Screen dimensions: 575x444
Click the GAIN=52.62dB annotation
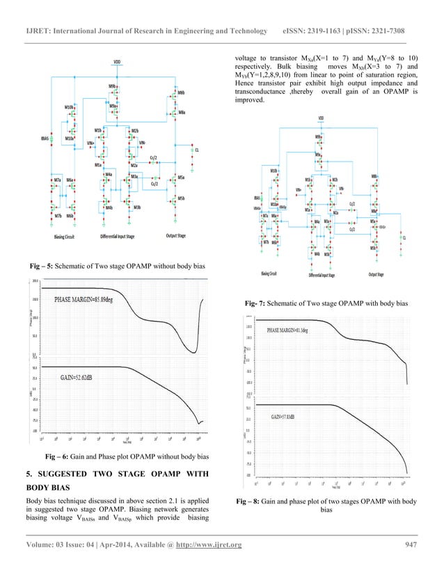(74, 378)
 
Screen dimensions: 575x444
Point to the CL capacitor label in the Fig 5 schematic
(197, 150)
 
